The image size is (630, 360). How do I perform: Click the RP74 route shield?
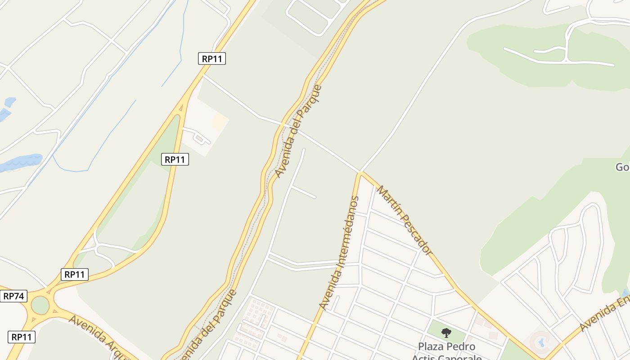(13, 296)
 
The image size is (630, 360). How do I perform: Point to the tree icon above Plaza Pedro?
(446, 333)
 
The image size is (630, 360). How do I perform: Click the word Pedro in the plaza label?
(460, 346)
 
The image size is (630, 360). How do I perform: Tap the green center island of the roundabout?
(40, 305)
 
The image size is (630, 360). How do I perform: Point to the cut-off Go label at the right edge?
(622, 167)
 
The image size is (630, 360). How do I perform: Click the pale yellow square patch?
(220, 121)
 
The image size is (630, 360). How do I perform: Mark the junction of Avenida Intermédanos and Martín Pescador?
(360, 173)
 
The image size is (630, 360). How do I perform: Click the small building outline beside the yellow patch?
(200, 138)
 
